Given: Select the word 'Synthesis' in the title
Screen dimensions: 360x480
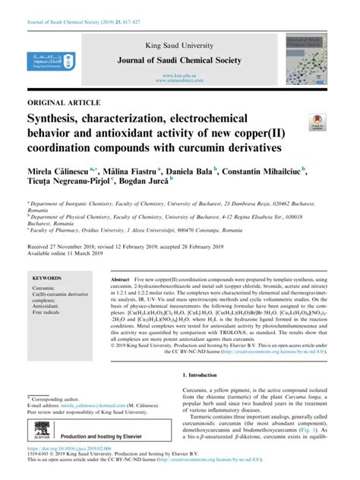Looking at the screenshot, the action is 58,118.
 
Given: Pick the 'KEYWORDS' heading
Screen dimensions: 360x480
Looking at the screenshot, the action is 52,279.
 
